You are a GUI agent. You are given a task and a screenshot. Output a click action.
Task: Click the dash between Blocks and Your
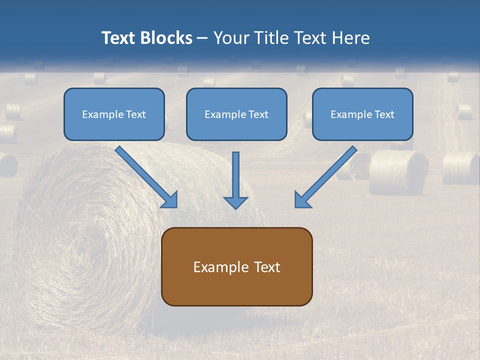click(203, 38)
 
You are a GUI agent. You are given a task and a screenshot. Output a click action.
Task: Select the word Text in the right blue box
click(384, 114)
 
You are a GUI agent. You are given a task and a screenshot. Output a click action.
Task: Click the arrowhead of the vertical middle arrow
click(235, 202)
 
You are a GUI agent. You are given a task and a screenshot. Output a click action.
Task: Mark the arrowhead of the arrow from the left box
click(170, 200)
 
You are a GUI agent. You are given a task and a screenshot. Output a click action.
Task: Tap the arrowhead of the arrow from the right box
click(301, 200)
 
